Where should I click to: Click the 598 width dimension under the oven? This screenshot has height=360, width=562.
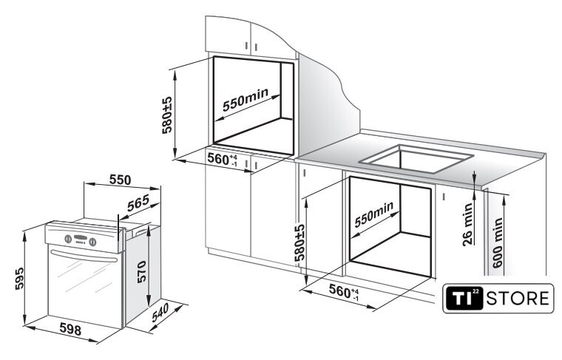[70, 328]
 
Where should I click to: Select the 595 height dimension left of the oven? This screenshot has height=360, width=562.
[19, 279]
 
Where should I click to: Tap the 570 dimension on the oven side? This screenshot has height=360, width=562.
[141, 272]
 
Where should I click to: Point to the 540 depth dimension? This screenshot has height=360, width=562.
[160, 313]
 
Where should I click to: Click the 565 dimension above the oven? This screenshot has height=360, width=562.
[138, 203]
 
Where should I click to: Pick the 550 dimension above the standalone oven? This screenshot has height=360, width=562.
[120, 180]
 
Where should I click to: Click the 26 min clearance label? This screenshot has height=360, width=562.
[468, 224]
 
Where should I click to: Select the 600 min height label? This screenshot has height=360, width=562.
[498, 243]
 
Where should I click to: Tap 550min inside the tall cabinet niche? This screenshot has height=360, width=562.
[246, 99]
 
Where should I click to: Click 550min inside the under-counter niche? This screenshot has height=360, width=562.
[374, 214]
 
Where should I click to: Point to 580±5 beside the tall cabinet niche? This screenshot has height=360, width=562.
[167, 115]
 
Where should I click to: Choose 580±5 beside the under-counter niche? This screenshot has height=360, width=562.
[299, 242]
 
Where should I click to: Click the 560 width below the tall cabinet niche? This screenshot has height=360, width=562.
[223, 160]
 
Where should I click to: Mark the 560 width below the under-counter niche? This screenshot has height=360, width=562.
[344, 292]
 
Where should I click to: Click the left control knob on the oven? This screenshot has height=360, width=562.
[68, 239]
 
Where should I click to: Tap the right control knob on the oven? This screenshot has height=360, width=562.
[92, 242]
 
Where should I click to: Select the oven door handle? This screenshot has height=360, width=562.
[84, 256]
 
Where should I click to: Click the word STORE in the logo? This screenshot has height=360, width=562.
[517, 298]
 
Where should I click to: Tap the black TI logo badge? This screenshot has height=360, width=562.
[464, 298]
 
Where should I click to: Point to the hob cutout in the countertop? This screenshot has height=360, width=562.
[416, 158]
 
